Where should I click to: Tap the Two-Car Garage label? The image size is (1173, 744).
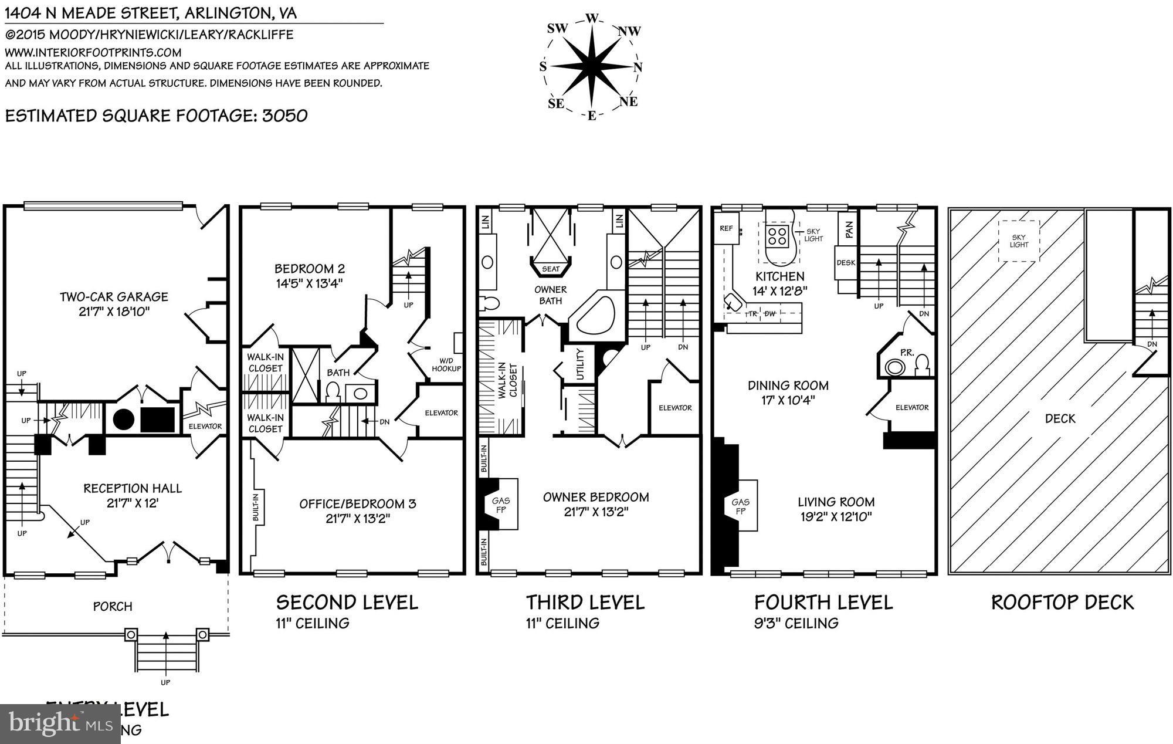click(114, 297)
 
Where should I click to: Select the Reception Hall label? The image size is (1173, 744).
click(133, 488)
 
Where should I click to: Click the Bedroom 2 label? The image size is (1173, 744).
click(310, 269)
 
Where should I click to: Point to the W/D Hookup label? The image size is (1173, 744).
click(446, 364)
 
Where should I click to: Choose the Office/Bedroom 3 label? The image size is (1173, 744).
click(358, 503)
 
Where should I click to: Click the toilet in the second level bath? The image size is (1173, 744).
click(333, 391)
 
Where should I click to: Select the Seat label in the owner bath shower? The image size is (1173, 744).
click(551, 269)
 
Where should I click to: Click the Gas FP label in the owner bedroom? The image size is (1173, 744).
click(500, 505)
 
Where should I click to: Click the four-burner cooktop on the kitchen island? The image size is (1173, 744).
click(777, 236)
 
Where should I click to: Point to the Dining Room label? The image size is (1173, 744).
click(788, 385)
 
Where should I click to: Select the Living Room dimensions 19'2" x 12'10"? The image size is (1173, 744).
click(836, 517)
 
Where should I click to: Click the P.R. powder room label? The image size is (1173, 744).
click(907, 353)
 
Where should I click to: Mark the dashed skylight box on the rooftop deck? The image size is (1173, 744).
click(1019, 241)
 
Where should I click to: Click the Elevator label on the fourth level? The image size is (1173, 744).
click(911, 407)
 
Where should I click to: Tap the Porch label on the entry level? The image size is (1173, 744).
click(113, 606)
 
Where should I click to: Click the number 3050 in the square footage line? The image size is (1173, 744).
click(284, 115)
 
